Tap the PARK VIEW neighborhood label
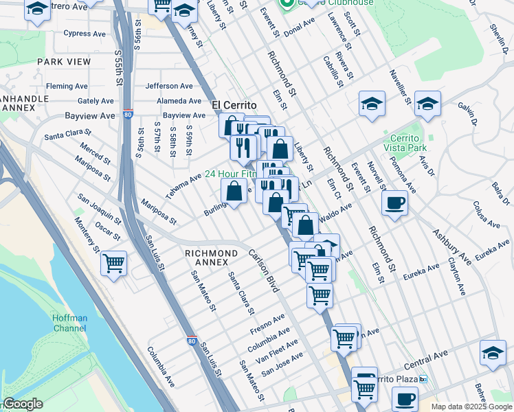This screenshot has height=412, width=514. click(64, 62)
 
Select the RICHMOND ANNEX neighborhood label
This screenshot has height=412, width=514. click(211, 253)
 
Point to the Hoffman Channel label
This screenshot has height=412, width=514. click(71, 323)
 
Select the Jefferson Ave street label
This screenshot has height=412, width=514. click(169, 86)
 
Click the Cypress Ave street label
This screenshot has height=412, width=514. click(85, 33)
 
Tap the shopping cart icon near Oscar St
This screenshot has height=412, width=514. click(113, 262)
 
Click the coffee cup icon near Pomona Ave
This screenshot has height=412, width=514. click(394, 203)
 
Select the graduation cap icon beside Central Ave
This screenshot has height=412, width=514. click(492, 352)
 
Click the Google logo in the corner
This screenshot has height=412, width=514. click(23, 404)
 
